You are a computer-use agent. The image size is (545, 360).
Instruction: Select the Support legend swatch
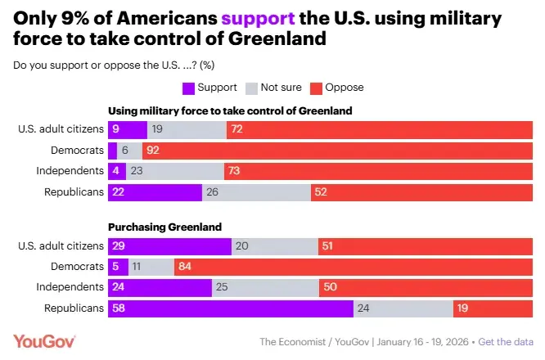pos(187,87)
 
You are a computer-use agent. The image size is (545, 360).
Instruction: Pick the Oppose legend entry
pos(338,87)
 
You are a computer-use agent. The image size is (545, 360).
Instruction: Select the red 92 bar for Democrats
pos(336,150)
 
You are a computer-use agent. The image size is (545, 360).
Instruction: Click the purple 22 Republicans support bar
pos(155,192)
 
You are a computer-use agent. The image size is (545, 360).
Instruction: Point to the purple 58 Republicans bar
pos(230,308)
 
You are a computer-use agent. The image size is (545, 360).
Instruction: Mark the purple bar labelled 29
pos(169,245)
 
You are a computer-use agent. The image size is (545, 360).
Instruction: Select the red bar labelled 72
pos(379,128)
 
